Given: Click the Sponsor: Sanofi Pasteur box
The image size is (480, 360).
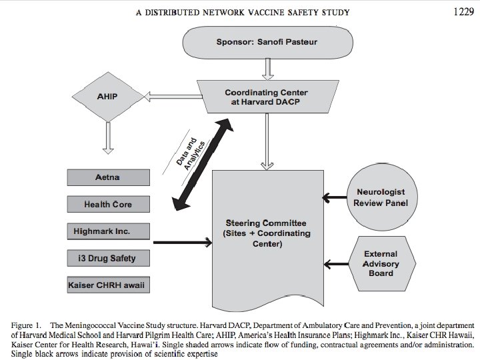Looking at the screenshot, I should click(267, 42).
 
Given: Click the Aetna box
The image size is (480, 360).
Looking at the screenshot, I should click(108, 178).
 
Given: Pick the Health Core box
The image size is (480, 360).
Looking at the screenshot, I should click(108, 204).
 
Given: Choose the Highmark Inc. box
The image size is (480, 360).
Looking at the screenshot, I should click(108, 231).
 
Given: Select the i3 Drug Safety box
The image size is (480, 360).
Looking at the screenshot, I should click(108, 257).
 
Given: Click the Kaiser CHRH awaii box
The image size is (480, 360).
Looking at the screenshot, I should click(109, 285).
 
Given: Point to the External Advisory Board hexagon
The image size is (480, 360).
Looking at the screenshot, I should click(381, 263).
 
